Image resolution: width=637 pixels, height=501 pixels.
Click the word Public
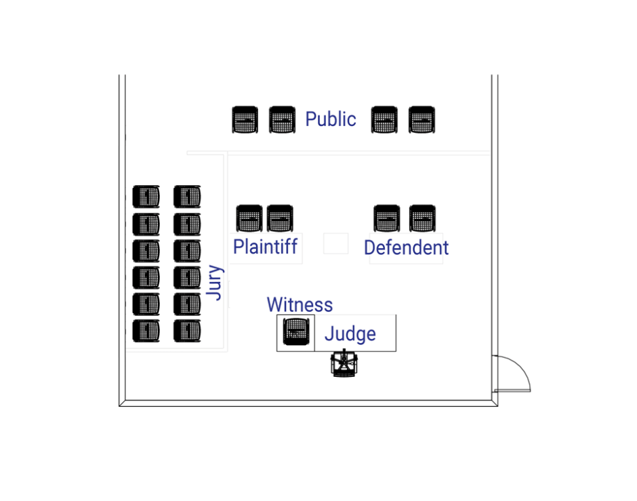(x=330, y=119)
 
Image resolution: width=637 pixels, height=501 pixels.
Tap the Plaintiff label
(x=265, y=246)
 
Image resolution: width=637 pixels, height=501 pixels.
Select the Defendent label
(x=406, y=247)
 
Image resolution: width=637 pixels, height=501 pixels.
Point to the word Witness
(x=300, y=305)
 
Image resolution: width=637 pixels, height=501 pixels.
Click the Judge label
(x=350, y=334)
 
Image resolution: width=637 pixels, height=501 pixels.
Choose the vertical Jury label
(x=215, y=282)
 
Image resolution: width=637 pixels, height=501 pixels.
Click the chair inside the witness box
(x=296, y=332)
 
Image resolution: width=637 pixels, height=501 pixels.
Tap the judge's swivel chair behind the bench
(x=344, y=364)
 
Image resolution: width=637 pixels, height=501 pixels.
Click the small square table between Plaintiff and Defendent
(x=335, y=243)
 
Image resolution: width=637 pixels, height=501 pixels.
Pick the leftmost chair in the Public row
(x=245, y=120)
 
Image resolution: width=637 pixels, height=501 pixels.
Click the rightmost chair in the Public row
(x=422, y=120)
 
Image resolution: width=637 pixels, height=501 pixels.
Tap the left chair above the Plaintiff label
(x=249, y=218)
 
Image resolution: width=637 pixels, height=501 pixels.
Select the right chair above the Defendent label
(x=422, y=218)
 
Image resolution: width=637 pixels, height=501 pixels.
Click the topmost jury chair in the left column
(x=146, y=197)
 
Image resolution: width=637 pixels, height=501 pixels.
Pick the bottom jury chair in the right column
(x=187, y=330)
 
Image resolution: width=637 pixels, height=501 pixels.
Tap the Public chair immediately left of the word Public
(x=283, y=120)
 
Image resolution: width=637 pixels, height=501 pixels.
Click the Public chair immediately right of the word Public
(x=384, y=120)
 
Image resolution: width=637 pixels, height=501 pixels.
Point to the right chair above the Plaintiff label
(x=280, y=218)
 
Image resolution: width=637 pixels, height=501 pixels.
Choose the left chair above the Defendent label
(x=387, y=218)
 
